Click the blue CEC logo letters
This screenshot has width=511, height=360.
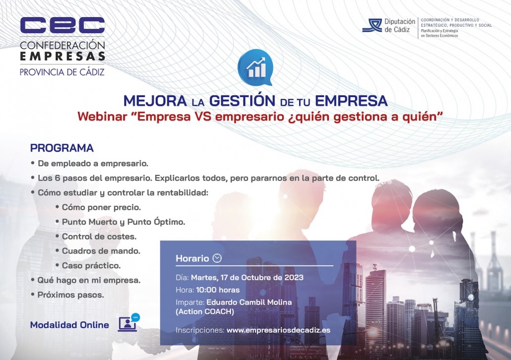tap(62, 25)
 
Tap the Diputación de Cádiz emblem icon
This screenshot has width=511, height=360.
tap(372, 25)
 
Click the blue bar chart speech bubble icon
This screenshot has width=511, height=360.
tap(255, 67)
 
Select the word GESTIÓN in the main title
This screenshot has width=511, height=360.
tap(242, 101)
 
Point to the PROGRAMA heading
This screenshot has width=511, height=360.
tap(62, 148)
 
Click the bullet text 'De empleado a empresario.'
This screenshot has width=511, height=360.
tap(93, 163)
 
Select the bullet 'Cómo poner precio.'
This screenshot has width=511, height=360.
tap(101, 207)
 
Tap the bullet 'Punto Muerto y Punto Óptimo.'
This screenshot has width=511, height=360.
tap(124, 222)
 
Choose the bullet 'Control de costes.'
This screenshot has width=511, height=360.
tap(99, 237)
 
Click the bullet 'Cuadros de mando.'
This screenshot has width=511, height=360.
tap(101, 251)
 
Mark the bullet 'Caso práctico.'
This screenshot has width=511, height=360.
tap(91, 265)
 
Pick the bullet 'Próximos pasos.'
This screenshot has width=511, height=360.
tap(71, 295)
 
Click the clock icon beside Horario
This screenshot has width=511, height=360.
tap(217, 258)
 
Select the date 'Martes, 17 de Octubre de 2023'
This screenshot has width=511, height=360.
tap(247, 278)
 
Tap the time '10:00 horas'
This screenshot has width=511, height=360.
tap(218, 290)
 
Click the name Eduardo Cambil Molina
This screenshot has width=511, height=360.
tap(249, 302)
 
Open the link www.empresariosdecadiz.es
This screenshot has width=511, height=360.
tap(278, 330)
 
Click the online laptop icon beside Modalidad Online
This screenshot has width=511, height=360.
tap(128, 322)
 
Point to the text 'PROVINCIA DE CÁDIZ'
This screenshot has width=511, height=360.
tap(62, 72)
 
